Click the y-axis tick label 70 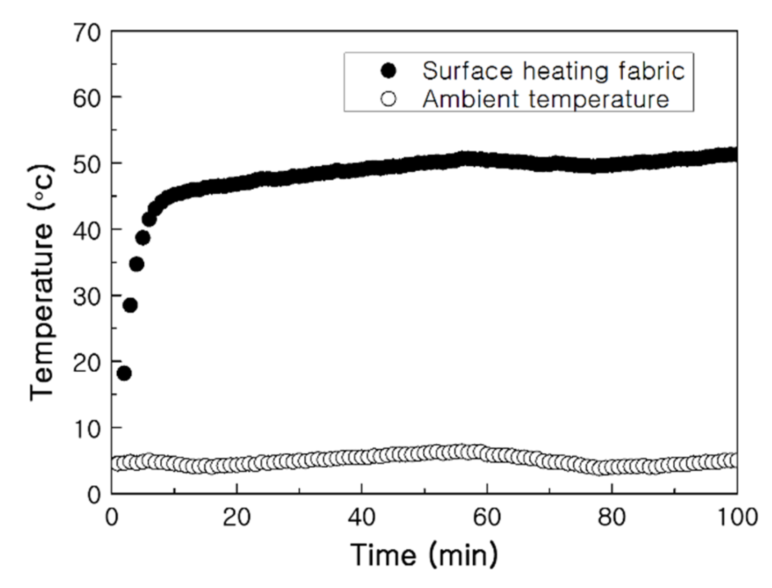click(x=87, y=33)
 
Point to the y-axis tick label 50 click(x=87, y=164)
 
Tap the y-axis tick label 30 click(x=87, y=297)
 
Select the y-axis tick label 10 click(x=87, y=429)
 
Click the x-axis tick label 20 click(x=236, y=517)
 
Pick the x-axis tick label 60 click(x=487, y=517)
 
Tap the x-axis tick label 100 click(x=736, y=517)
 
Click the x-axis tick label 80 click(x=612, y=517)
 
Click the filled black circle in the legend click(x=388, y=71)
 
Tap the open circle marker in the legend click(x=388, y=99)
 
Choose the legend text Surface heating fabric click(x=553, y=71)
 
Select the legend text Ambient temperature click(x=545, y=99)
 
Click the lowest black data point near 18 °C click(x=124, y=373)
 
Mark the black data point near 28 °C click(x=130, y=305)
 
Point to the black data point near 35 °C click(x=137, y=264)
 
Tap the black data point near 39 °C click(x=143, y=237)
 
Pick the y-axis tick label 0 click(x=94, y=495)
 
